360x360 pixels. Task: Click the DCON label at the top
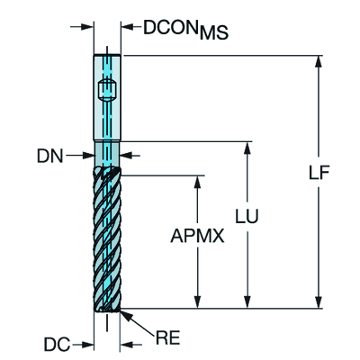[x=170, y=28]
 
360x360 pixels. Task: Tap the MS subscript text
[x=214, y=32]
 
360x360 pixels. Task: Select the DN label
[x=50, y=156]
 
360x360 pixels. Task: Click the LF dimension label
[x=319, y=172]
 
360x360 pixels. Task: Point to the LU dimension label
[x=247, y=216]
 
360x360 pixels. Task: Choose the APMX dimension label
[x=197, y=236]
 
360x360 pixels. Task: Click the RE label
[x=167, y=338]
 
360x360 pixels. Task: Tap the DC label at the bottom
[x=57, y=344]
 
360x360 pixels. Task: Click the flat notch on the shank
[x=107, y=89]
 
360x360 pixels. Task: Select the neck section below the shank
[x=107, y=154]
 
